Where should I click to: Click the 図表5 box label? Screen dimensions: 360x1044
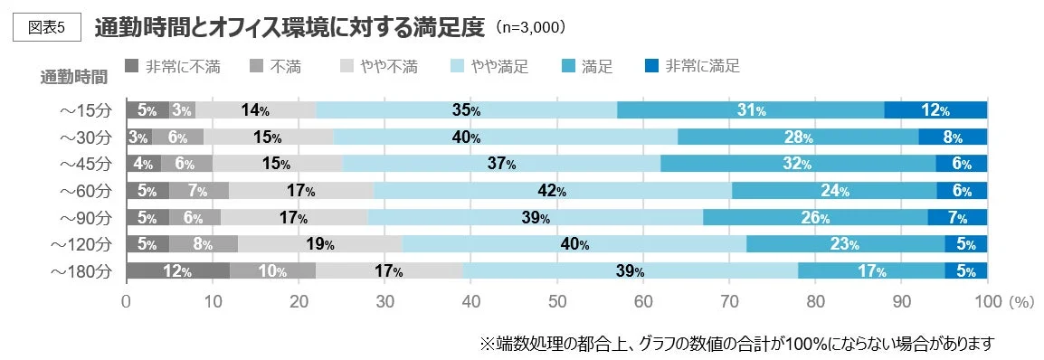tap(48, 27)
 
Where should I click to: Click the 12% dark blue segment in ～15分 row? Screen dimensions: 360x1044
tap(935, 110)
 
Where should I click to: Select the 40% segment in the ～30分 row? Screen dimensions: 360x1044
tap(503, 137)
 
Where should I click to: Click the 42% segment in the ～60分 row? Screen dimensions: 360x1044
tap(552, 191)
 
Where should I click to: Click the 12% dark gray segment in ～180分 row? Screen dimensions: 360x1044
tap(177, 271)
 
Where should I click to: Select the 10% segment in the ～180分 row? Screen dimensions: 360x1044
tap(272, 271)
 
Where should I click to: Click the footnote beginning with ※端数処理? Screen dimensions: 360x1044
tap(736, 344)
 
